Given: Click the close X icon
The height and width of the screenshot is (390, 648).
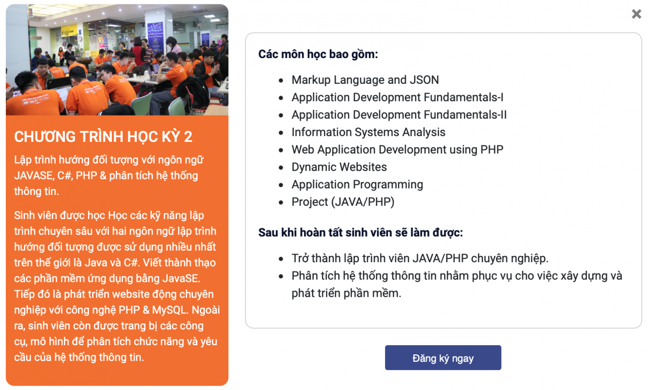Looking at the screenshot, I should [x=636, y=14].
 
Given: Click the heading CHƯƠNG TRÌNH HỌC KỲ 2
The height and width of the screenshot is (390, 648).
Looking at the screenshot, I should [x=103, y=137].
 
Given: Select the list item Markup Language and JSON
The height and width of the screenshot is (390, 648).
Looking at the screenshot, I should [x=365, y=80].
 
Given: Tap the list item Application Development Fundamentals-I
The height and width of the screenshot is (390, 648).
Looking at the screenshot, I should [x=397, y=97].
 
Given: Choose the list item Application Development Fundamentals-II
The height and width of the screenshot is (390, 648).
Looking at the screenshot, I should [x=399, y=115].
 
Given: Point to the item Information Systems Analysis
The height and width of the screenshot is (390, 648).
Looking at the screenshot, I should [x=368, y=132].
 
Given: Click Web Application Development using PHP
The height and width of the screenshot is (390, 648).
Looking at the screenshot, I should [x=397, y=150].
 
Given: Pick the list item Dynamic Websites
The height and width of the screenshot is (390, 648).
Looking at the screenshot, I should [x=339, y=167].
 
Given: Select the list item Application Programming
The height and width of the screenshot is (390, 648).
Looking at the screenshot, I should [x=357, y=185].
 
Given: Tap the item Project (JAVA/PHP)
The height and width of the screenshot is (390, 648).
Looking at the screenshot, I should [x=343, y=202].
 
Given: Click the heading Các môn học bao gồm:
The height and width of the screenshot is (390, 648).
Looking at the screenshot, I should [x=318, y=54].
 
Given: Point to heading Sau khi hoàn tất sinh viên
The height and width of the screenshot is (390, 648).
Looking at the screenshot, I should [x=361, y=233].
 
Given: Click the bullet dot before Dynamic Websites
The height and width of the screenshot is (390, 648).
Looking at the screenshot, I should [x=281, y=168].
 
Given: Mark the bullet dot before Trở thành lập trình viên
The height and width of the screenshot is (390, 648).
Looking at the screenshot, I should [x=281, y=259].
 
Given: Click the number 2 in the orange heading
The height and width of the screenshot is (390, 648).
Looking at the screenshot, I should [x=188, y=137].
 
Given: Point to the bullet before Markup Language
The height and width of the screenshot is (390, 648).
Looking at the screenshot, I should [x=281, y=80].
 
